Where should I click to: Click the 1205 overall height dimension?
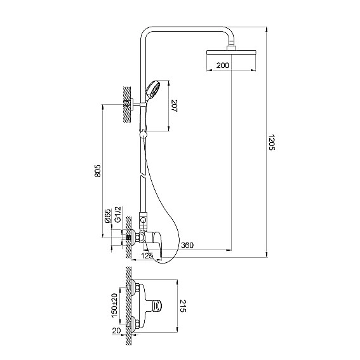(x=272, y=142)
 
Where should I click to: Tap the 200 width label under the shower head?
(x=223, y=65)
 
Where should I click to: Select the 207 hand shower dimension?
(x=175, y=105)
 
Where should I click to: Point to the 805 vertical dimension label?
(x=98, y=171)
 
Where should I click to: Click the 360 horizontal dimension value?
(x=187, y=245)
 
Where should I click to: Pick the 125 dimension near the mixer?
(x=147, y=255)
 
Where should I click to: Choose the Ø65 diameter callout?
(x=107, y=216)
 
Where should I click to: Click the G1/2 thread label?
(x=117, y=214)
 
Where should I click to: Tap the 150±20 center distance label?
(x=114, y=305)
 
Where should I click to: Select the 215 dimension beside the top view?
(x=183, y=306)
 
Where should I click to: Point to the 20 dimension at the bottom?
(x=116, y=331)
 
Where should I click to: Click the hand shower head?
(x=152, y=90)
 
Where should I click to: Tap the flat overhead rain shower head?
(x=231, y=52)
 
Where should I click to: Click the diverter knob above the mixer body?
(x=143, y=220)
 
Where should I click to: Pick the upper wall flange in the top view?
(x=133, y=287)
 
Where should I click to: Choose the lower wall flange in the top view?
(x=133, y=324)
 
